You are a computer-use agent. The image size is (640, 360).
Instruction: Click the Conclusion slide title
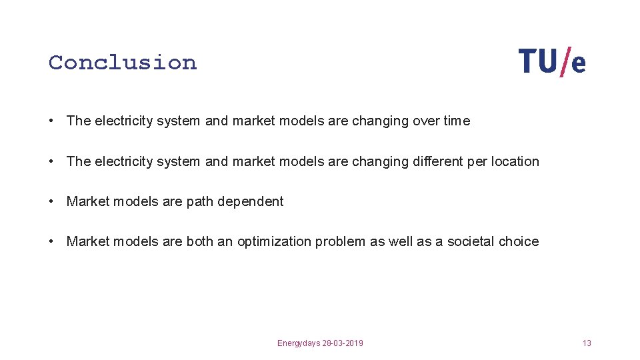123,63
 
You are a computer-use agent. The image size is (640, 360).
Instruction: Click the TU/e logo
552,62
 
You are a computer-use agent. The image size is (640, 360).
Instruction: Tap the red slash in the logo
566,62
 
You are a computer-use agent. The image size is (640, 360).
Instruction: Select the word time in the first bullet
457,121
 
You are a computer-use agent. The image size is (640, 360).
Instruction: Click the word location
515,161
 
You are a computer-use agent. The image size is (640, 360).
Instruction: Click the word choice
519,241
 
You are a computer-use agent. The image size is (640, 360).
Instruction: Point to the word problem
341,241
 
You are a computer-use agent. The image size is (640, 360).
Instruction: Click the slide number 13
587,343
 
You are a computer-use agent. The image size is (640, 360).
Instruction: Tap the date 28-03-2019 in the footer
343,343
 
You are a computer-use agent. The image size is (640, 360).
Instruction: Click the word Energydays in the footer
299,343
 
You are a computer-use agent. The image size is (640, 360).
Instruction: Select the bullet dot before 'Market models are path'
52,202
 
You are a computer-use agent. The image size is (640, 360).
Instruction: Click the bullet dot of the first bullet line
52,121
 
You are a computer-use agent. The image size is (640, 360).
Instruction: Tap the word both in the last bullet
199,241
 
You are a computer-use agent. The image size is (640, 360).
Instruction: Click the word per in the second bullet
477,161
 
